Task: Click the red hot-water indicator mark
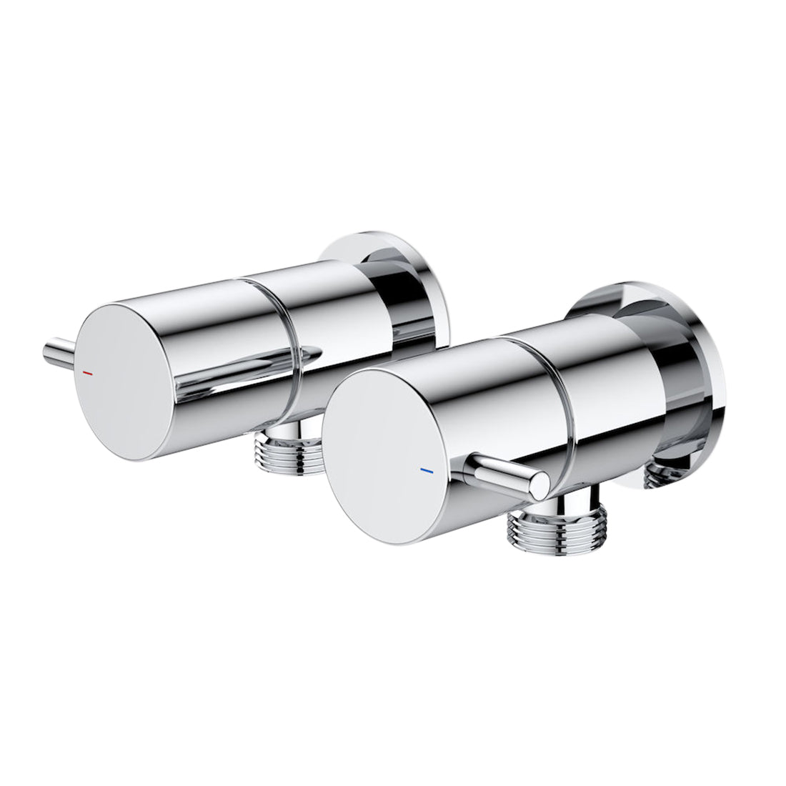pyautogui.click(x=87, y=373)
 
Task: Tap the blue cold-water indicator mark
pyautogui.click(x=427, y=472)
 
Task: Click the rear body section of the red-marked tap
pyautogui.click(x=329, y=314)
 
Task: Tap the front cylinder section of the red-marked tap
pyautogui.click(x=214, y=314)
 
